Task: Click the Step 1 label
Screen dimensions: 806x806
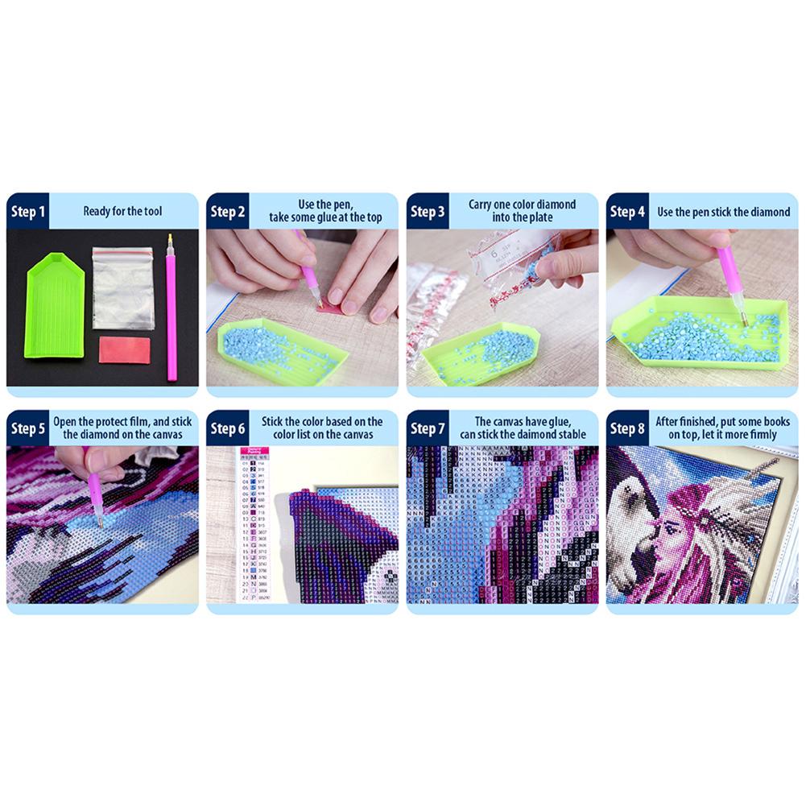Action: [x=28, y=212]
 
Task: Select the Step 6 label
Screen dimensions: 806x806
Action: [x=228, y=428]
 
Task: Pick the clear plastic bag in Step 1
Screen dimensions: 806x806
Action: [x=122, y=287]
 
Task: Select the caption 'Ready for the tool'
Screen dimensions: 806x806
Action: [x=122, y=212]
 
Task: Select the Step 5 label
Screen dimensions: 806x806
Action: [x=28, y=428]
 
